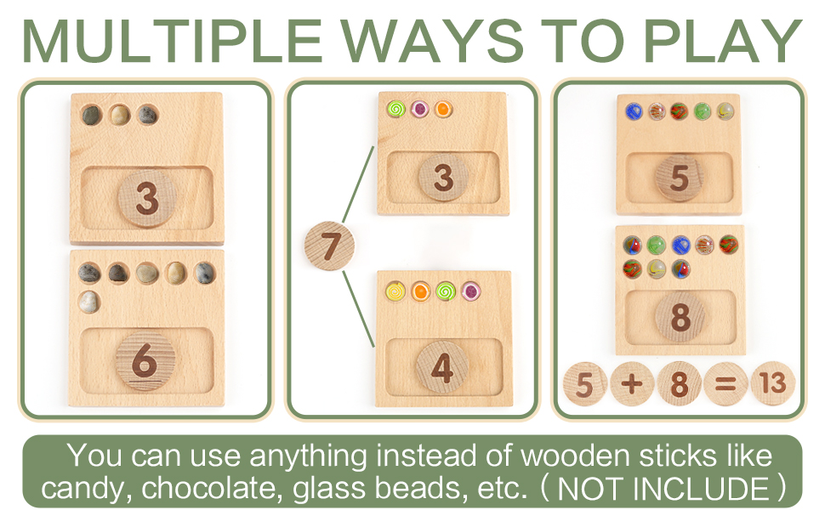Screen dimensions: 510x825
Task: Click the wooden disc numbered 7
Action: pos(329,246)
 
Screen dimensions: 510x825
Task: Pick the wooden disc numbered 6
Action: pos(145,361)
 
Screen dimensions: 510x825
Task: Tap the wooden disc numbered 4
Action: pos(442,367)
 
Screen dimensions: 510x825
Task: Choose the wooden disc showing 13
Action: pos(773,383)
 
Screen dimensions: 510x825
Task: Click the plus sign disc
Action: pos(631,384)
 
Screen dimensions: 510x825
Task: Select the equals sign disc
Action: pos(725,384)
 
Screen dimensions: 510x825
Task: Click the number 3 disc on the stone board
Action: pos(146,199)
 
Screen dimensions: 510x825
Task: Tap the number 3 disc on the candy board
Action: pos(443,177)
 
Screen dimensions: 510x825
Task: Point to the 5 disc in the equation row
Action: pos(584,384)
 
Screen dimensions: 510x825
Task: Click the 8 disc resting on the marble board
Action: pos(680,317)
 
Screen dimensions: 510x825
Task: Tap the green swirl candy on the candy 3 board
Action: pos(395,109)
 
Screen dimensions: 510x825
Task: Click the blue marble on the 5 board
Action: pos(634,110)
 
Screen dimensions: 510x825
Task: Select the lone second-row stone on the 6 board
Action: pos(88,300)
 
